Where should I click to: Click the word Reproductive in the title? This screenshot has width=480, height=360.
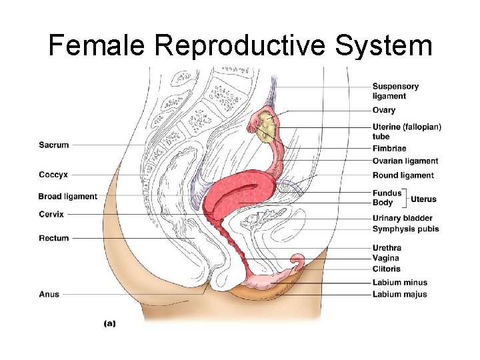point(241,46)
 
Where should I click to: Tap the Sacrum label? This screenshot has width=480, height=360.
point(53,145)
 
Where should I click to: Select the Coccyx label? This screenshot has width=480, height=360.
point(53,175)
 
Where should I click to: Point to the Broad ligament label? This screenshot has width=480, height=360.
point(67,197)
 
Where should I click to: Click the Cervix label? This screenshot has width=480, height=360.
point(51,214)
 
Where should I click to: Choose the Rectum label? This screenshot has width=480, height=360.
point(53,238)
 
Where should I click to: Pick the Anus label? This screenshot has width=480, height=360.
point(49,294)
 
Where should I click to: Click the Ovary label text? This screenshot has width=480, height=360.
point(383,110)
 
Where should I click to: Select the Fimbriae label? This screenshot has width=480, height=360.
point(389,148)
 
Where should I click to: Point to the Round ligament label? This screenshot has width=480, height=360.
point(403,175)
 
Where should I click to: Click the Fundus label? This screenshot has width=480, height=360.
point(387,193)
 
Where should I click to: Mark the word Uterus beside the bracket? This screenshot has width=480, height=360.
point(423,199)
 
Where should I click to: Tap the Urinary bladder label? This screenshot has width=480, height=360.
point(402,218)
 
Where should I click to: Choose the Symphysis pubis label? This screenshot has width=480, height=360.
point(405,229)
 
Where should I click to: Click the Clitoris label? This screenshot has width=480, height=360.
point(386,269)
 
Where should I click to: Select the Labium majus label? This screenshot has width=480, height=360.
point(399,294)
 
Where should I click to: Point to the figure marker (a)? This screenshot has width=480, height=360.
point(110,323)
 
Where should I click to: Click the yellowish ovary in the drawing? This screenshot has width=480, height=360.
point(265,125)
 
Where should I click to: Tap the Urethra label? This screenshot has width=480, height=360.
point(387,248)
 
